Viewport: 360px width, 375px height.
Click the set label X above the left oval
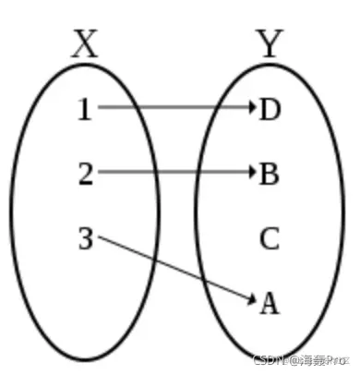[84, 43]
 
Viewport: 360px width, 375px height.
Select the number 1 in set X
[85, 110]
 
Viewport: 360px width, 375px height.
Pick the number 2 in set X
[85, 174]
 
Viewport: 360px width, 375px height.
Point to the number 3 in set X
[85, 240]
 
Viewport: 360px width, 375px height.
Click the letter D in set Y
[270, 110]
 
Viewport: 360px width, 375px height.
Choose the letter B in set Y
[269, 174]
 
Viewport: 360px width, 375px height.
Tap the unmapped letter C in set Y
[269, 240]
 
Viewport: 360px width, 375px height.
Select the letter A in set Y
[269, 303]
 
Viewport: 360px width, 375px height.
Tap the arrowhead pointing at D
[251, 107]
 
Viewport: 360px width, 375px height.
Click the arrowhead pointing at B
[251, 172]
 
